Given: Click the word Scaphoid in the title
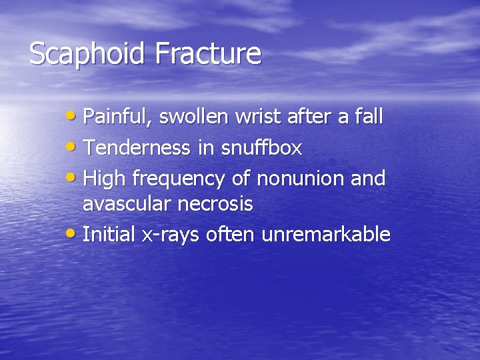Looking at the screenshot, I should click(x=87, y=54).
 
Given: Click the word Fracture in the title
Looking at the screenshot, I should click(x=207, y=54).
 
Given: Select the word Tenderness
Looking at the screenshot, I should click(x=135, y=147).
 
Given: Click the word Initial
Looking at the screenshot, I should click(x=108, y=234).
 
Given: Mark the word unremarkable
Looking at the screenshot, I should click(x=326, y=234).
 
